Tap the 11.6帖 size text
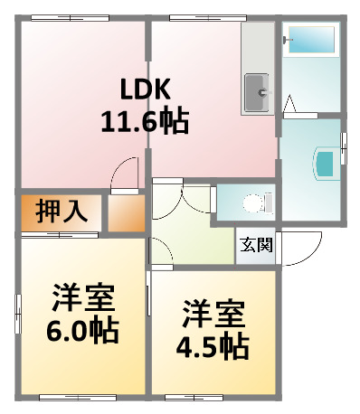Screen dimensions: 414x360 (x=145, y=121)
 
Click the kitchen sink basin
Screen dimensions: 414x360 (x=259, y=91)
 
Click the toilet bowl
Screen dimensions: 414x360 (x=253, y=202)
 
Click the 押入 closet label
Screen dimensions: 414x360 (x=62, y=212)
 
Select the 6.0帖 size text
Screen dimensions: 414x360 (x=82, y=330)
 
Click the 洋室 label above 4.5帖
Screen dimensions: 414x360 (x=213, y=315)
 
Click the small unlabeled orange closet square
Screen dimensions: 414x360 (x=126, y=212)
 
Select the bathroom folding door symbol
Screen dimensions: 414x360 (x=292, y=105)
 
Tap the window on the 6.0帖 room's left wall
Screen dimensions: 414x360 (x=17, y=312)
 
